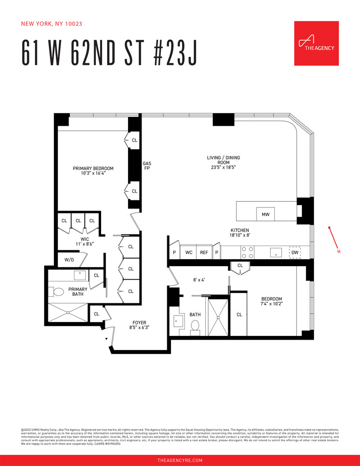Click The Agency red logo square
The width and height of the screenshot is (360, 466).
[316, 43]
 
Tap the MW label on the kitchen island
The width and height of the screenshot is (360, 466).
[266, 215]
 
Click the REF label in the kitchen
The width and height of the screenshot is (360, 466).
[204, 252]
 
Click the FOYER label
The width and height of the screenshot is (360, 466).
[139, 322]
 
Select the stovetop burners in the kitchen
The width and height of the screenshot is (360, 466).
[247, 252]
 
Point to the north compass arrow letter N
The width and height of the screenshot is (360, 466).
[339, 252]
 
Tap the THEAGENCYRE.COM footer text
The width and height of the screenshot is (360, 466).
[180, 460]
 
